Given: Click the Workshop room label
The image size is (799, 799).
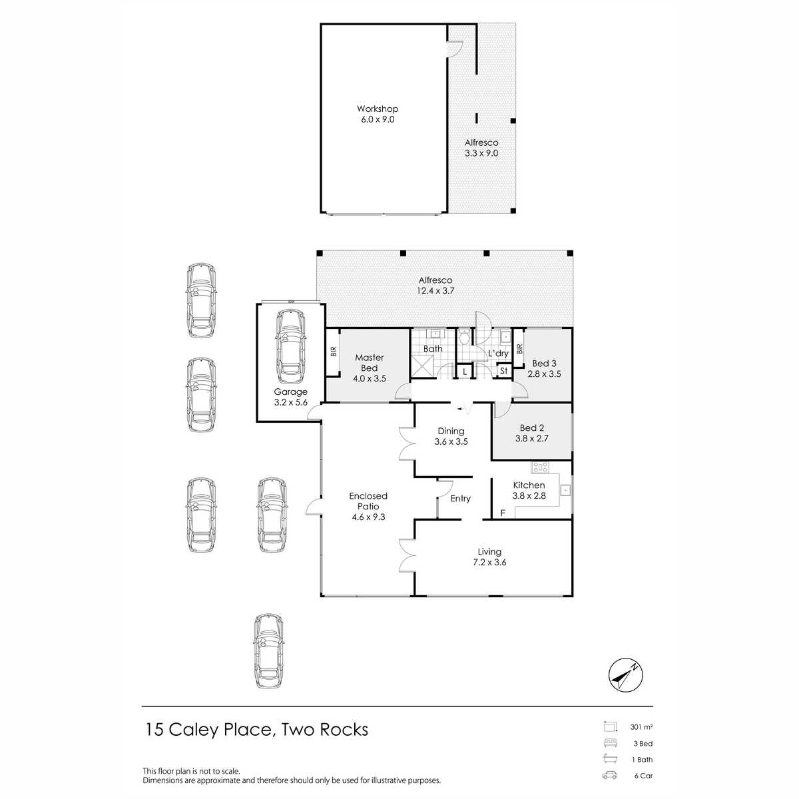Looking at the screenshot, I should (377, 109).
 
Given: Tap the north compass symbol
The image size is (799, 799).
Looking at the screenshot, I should (625, 677).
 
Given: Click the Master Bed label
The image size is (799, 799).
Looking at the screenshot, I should (369, 363).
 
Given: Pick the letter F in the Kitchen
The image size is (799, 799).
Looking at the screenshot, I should (503, 513).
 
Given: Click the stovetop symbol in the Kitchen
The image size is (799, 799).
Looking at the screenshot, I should (539, 466).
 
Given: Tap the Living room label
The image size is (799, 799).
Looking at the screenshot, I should (489, 551).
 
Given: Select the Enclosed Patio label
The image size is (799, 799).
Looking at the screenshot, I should (368, 501).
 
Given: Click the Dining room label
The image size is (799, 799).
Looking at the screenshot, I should (451, 431).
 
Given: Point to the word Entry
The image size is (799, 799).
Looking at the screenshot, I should (460, 499).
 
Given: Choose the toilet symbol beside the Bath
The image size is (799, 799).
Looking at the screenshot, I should (464, 338).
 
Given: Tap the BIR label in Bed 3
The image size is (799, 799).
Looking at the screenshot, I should (519, 348).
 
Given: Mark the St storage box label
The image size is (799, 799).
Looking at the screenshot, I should (503, 371).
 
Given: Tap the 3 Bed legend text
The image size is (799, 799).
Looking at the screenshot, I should (641, 744).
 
